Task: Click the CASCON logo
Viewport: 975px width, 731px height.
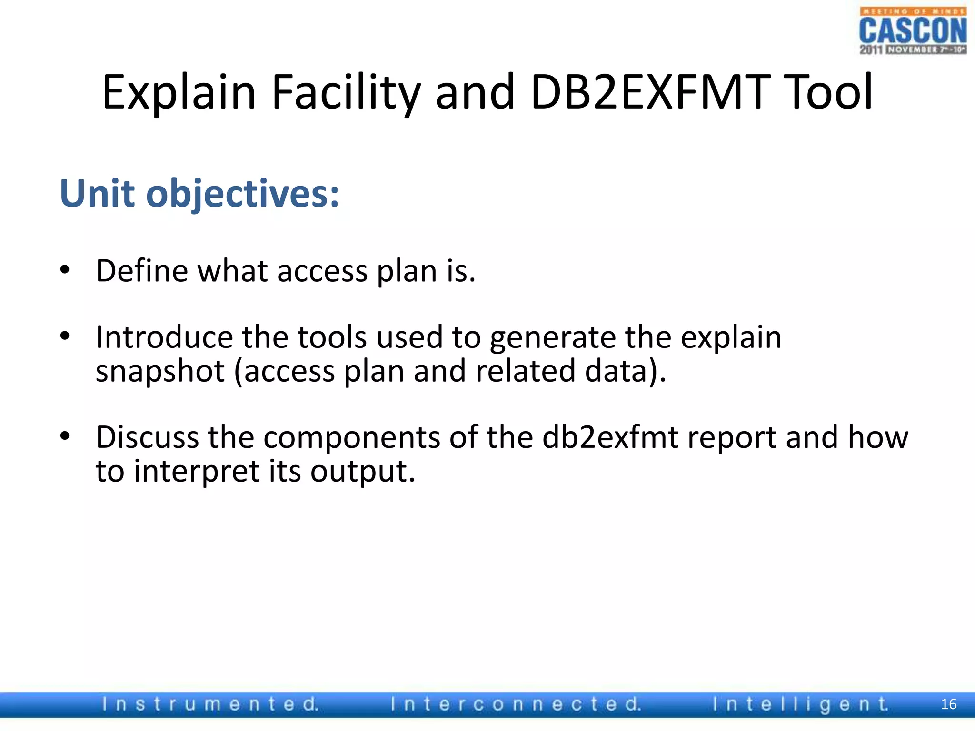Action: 913,31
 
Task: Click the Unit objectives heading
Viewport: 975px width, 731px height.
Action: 199,194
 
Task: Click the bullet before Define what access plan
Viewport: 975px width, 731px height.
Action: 65,270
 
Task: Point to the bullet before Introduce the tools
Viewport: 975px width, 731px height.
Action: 65,336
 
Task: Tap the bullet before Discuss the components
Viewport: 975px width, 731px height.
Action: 65,436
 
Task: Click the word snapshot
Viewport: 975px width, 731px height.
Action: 160,372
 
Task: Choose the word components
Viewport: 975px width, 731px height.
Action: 352,438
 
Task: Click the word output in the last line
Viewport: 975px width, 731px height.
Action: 363,472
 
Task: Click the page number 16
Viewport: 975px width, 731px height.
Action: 948,704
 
